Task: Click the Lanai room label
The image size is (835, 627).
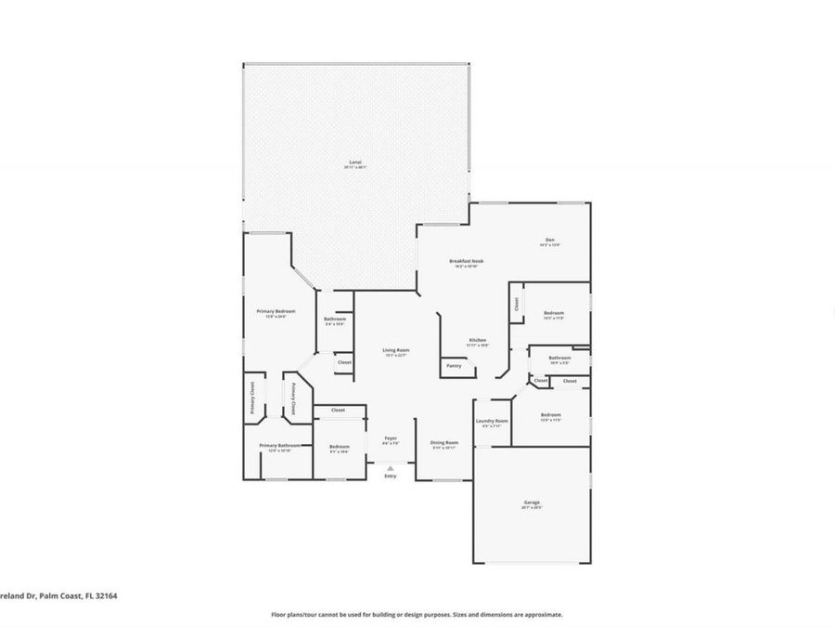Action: tap(355, 163)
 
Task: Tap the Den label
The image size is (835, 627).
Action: tap(549, 241)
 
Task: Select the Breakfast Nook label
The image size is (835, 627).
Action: tap(466, 261)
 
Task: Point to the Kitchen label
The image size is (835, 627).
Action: tap(478, 340)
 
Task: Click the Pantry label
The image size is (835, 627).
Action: tap(454, 365)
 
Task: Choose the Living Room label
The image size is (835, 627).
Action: tap(396, 349)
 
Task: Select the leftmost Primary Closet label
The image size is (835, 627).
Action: tap(251, 398)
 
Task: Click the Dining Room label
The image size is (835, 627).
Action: tap(443, 442)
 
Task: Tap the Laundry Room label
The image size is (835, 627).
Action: tap(492, 421)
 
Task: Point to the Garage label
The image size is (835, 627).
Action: tap(531, 503)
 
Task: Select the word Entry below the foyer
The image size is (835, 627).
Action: tap(391, 477)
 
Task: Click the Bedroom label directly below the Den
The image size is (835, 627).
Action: tap(553, 313)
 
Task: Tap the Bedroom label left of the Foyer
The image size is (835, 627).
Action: tap(339, 447)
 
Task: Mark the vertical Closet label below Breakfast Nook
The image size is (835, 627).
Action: tap(516, 304)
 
